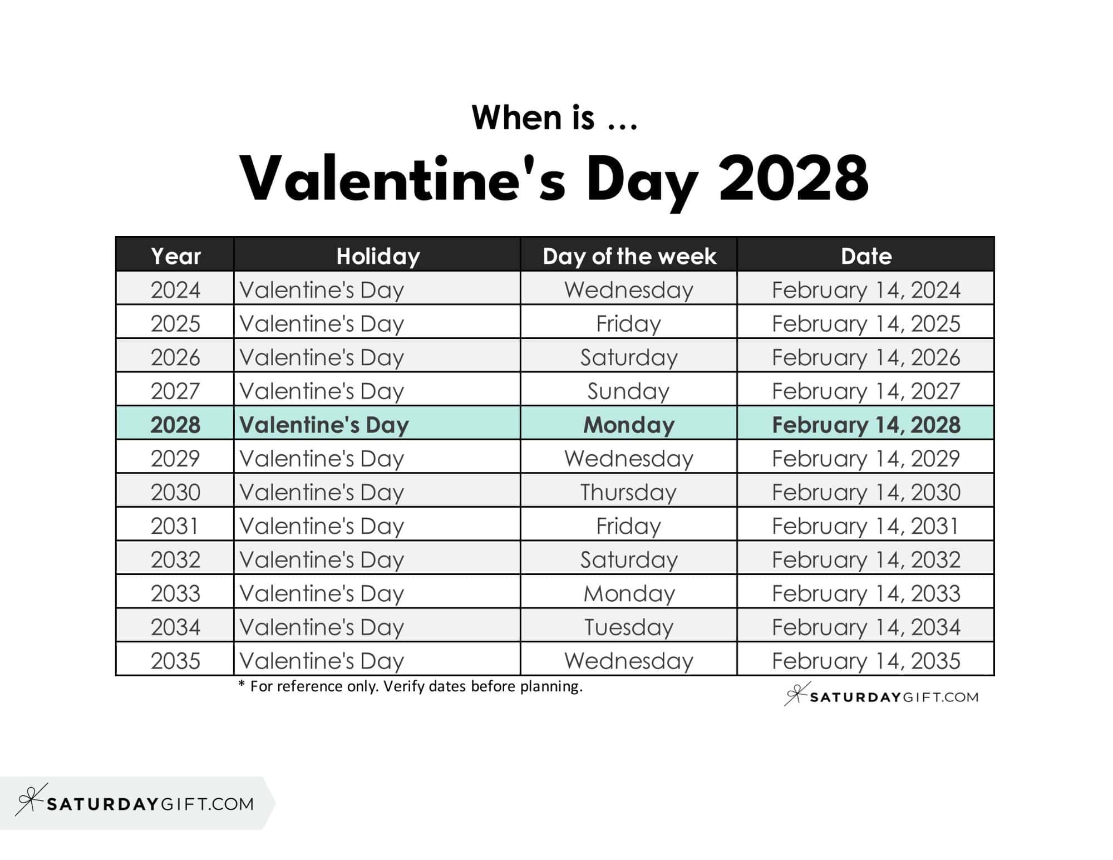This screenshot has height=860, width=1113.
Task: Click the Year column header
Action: point(175,256)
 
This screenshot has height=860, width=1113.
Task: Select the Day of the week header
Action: point(629,256)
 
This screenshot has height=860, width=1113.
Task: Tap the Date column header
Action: point(866,256)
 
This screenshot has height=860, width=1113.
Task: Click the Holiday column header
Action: point(378,256)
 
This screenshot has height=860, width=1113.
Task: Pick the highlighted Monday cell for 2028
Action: point(629,425)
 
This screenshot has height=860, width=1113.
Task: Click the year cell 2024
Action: point(175,290)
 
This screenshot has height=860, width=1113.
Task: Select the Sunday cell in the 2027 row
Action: point(629,391)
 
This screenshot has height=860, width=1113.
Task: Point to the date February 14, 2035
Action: point(866,661)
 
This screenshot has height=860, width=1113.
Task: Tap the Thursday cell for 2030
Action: point(629,492)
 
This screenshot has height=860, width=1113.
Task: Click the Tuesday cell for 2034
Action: point(629,627)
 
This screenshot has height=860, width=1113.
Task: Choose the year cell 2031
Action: point(175,526)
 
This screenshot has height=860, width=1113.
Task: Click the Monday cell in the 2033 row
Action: point(629,593)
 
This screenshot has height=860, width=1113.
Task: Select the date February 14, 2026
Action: point(866,357)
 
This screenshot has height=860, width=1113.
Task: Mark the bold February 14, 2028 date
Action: point(866,425)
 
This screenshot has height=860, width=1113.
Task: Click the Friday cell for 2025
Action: point(629,323)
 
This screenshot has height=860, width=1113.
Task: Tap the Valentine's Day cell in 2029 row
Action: point(322,459)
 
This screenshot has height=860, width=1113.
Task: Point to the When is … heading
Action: point(554,117)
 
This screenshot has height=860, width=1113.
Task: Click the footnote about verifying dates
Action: point(411,686)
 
